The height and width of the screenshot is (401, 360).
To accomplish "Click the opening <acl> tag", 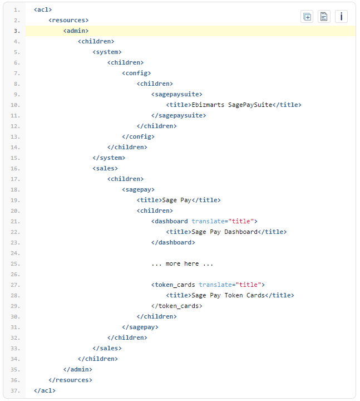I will click(x=43, y=9).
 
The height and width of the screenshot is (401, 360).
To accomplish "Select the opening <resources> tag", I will click(x=68, y=20).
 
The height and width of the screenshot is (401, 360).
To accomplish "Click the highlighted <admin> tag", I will click(x=76, y=31).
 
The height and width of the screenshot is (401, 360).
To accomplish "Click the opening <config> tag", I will click(x=136, y=73).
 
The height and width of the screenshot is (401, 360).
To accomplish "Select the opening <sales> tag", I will click(x=105, y=168).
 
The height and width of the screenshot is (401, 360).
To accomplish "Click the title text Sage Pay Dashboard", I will click(x=224, y=232).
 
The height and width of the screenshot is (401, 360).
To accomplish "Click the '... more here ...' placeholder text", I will click(x=182, y=263).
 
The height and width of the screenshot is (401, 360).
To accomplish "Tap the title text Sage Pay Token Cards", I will click(x=228, y=295).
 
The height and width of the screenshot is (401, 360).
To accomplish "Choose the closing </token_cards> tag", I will click(x=176, y=306).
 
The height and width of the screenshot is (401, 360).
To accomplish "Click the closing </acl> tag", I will click(x=45, y=390).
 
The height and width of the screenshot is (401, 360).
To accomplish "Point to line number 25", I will click(x=16, y=263).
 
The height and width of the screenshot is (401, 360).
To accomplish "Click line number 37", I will click(x=16, y=390).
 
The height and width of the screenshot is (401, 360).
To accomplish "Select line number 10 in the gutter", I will click(x=16, y=105).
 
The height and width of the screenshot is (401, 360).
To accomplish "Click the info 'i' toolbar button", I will click(x=341, y=16).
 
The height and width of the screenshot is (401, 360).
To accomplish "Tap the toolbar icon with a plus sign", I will click(x=307, y=16).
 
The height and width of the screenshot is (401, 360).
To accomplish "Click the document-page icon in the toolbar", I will click(x=324, y=16).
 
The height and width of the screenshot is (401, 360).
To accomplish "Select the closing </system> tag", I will click(x=109, y=158).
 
